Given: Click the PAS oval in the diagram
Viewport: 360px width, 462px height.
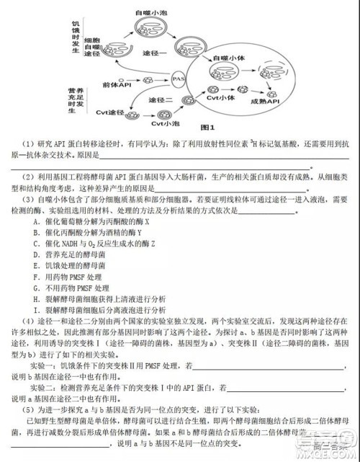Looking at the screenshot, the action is [x=180, y=76].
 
